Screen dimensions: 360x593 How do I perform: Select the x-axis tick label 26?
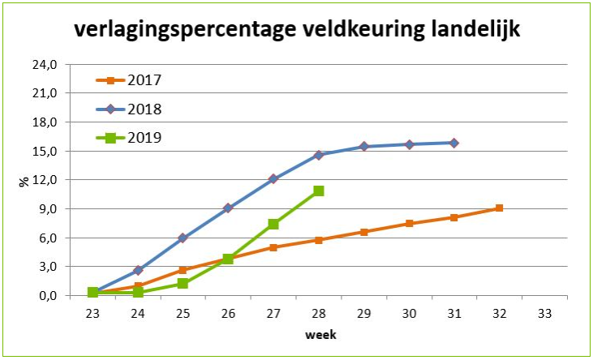coord(228,311)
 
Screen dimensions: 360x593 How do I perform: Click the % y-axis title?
coord(24,180)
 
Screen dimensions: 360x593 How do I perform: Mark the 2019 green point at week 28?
coord(319,191)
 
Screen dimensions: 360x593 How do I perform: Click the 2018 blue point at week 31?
coord(453,143)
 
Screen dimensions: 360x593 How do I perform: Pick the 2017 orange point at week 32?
coord(499,208)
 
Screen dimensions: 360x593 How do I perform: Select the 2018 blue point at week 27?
coord(273,178)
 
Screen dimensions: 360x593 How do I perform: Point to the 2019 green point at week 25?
coord(183,284)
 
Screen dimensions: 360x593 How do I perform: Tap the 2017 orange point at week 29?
coord(363,232)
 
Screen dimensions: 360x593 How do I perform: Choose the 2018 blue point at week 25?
coord(183,238)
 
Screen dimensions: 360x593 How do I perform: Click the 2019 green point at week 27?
coord(273,224)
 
